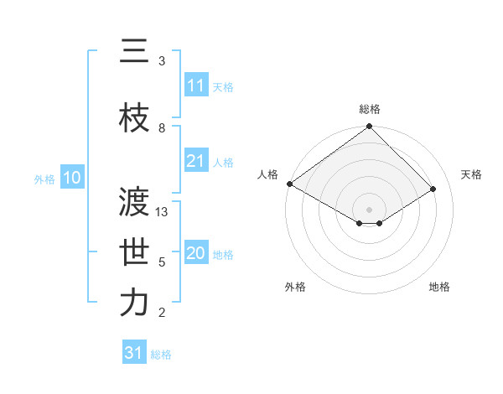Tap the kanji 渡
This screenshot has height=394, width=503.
pyautogui.click(x=133, y=202)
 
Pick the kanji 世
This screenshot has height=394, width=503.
pyautogui.click(x=133, y=252)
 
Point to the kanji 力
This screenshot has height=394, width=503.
pyautogui.click(x=133, y=303)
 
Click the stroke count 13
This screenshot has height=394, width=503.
pyautogui.click(x=163, y=212)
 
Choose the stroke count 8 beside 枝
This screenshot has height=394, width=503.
pyautogui.click(x=162, y=128)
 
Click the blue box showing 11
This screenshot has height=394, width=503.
pyautogui.click(x=196, y=86)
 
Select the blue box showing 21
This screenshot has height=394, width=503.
pyautogui.click(x=196, y=161)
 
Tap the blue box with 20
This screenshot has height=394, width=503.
pyautogui.click(x=196, y=253)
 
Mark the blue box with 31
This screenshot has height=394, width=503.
pyautogui.click(x=134, y=353)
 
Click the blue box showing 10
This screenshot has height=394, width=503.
pyautogui.click(x=72, y=178)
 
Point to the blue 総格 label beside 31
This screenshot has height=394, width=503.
pyautogui.click(x=161, y=355)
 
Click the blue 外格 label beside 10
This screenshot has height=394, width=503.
pyautogui.click(x=44, y=179)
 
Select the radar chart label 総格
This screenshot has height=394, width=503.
pyautogui.click(x=369, y=110)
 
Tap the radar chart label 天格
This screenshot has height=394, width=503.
pyautogui.click(x=471, y=174)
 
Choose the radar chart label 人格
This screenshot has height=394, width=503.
pyautogui.click(x=267, y=174)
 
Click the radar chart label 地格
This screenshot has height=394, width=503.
pyautogui.click(x=439, y=287)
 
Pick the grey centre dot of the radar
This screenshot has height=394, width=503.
pyautogui.click(x=369, y=209)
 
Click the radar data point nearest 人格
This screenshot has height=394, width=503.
pyautogui.click(x=289, y=184)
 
